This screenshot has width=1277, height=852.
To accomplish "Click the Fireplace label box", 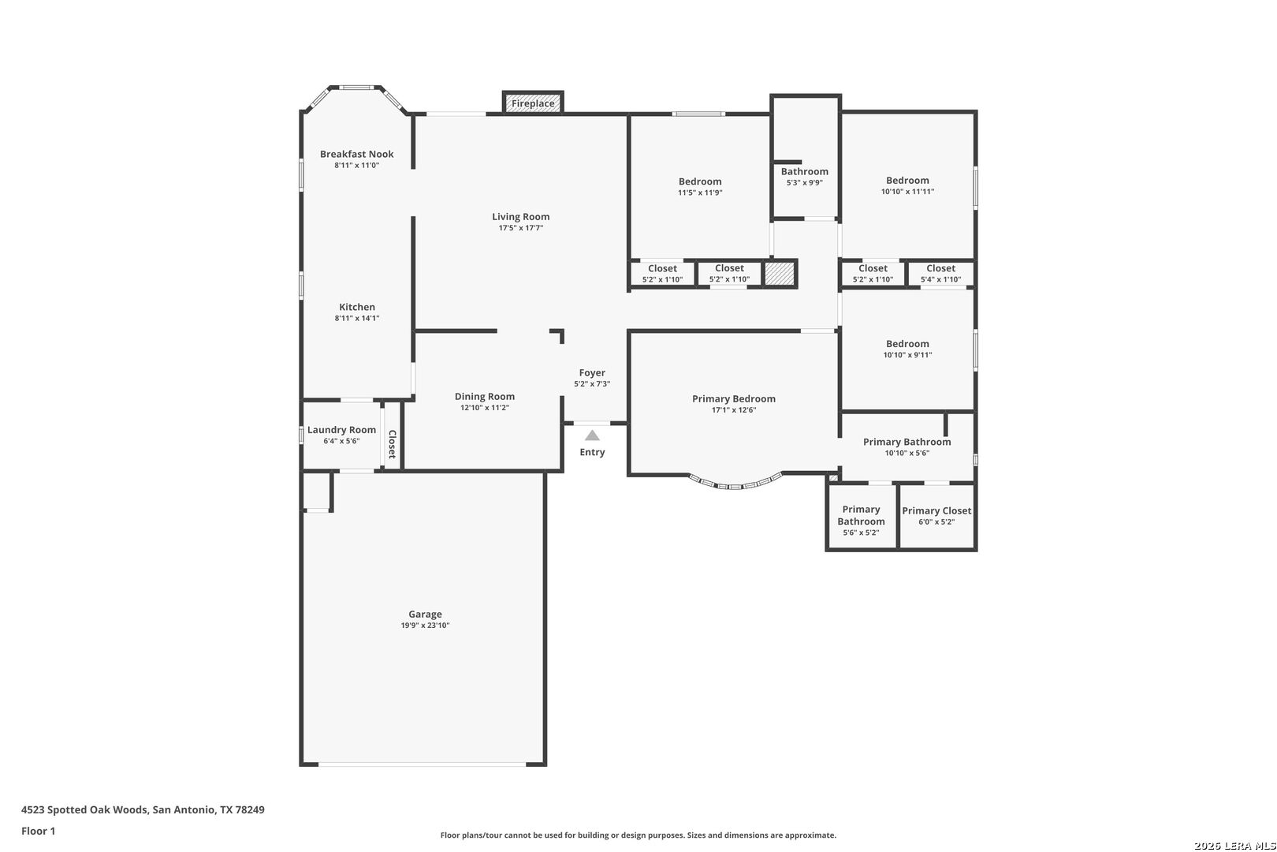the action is tap(533, 103).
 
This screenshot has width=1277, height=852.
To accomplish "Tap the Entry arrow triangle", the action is tap(592, 435).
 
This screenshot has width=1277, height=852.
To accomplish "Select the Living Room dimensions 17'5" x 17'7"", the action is tap(521, 228).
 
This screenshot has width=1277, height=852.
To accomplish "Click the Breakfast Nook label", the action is tap(357, 154).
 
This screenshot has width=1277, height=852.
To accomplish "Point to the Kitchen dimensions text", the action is tap(357, 319).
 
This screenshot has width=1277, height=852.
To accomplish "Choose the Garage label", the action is tap(426, 615).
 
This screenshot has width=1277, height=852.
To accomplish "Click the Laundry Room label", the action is tap(341, 430).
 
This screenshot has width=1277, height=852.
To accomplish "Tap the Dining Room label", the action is tap(485, 397).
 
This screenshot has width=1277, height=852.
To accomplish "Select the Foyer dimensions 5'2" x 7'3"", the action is tap(592, 384).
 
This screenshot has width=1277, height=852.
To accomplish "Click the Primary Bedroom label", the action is tap(734, 399).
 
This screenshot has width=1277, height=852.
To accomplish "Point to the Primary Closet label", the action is tap(936, 510).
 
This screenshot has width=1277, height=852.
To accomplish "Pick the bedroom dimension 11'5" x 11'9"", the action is tap(700, 193).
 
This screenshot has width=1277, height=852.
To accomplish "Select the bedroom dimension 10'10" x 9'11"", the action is tap(907, 355).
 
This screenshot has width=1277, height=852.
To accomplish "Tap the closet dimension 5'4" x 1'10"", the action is tap(940, 279).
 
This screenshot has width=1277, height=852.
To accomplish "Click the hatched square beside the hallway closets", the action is tap(780, 273).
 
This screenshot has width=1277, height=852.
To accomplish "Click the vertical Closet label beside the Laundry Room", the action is tap(393, 444).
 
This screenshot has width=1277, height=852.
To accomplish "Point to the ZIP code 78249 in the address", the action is tap(250, 809).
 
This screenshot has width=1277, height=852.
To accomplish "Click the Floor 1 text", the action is tap(38, 831).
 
